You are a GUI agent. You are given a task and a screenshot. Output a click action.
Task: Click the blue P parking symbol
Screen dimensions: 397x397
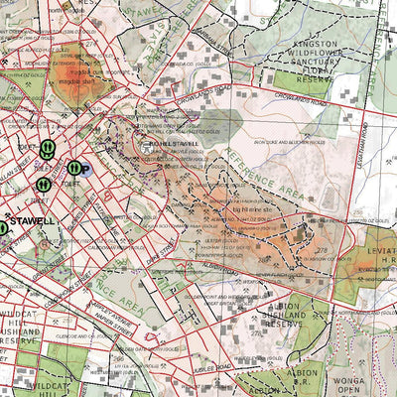coord(84,171)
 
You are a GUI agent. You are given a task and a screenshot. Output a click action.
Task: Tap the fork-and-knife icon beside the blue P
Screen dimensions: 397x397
coord(72,169)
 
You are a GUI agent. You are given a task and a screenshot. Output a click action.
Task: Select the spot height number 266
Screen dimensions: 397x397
coord(118,358)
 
